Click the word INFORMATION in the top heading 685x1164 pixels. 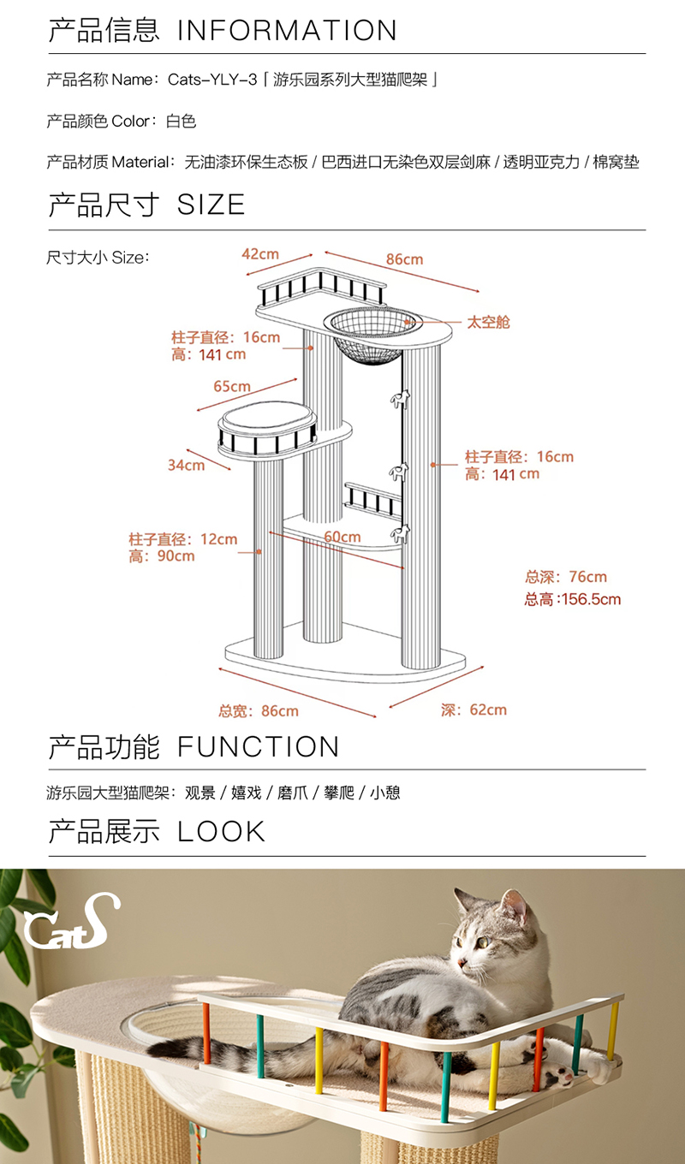tap(287, 31)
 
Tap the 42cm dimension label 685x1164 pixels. tap(260, 254)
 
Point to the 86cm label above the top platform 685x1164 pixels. tap(404, 259)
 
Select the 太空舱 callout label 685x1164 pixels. tap(488, 323)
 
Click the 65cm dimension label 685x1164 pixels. tap(232, 386)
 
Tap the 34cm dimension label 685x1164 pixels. tap(186, 465)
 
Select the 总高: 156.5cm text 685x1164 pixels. tap(572, 599)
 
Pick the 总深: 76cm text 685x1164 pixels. tap(565, 577)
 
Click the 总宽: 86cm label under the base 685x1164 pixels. tap(258, 711)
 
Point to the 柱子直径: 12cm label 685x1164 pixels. tap(182, 540)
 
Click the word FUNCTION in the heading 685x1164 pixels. tap(258, 747)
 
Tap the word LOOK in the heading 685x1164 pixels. tap(222, 832)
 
